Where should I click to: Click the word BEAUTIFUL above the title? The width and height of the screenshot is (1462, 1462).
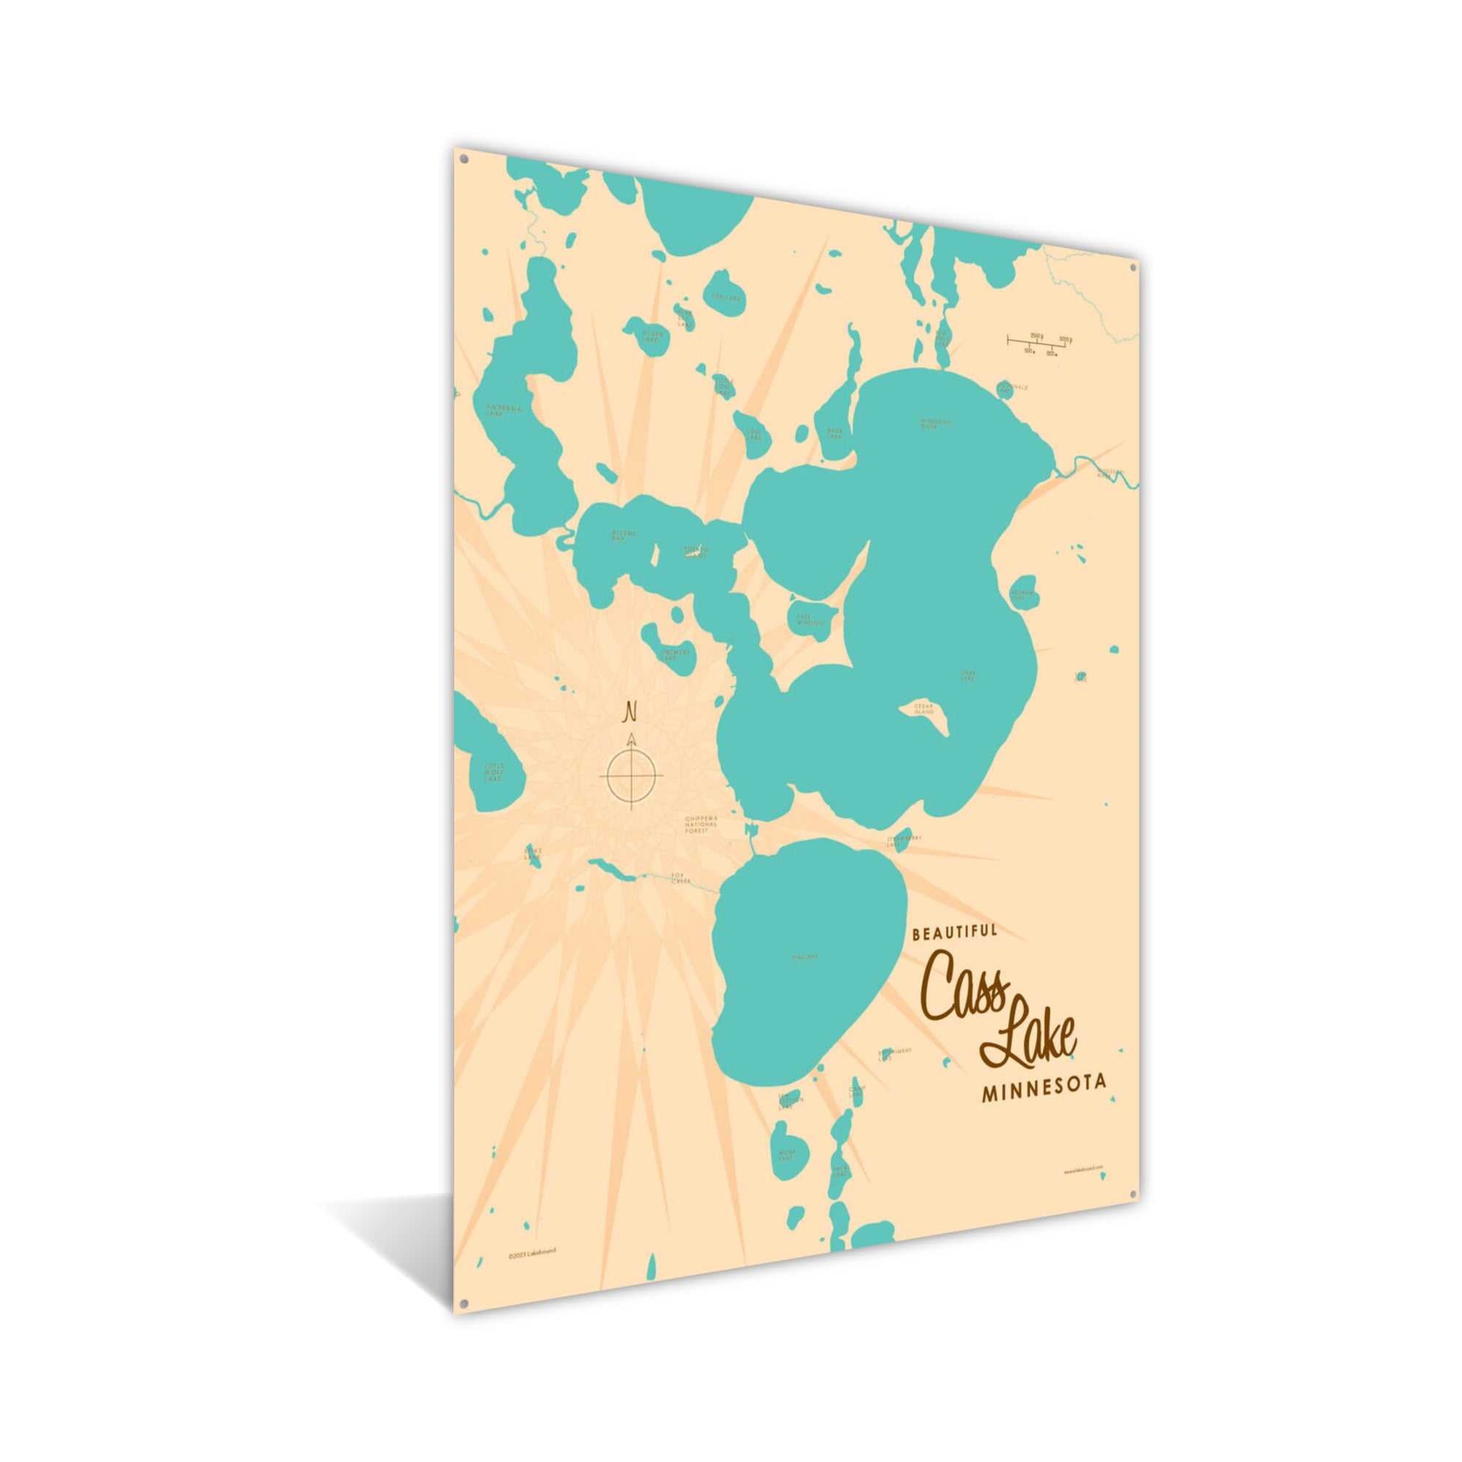pyautogui.click(x=955, y=932)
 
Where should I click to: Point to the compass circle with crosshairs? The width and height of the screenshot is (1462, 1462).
pyautogui.click(x=630, y=776)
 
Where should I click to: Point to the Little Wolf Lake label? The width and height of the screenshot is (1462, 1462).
pyautogui.click(x=493, y=773)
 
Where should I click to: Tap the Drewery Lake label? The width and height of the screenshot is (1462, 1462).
pyautogui.click(x=674, y=654)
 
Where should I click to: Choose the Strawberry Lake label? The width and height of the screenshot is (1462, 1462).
pyautogui.click(x=904, y=841)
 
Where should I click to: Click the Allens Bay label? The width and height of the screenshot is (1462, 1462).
pyautogui.click(x=624, y=535)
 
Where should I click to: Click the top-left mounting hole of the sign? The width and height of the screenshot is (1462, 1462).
pyautogui.click(x=463, y=160)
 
